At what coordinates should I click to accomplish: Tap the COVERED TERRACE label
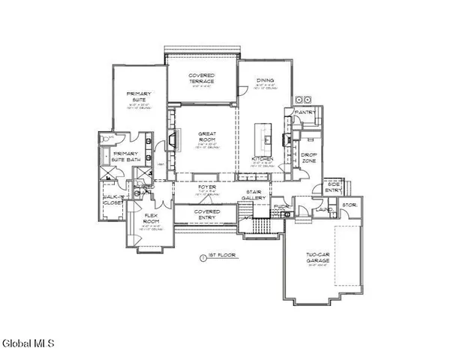pos(201,78)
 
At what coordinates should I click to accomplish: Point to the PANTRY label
pos(305,112)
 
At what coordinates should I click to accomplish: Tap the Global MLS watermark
pos(28,344)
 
